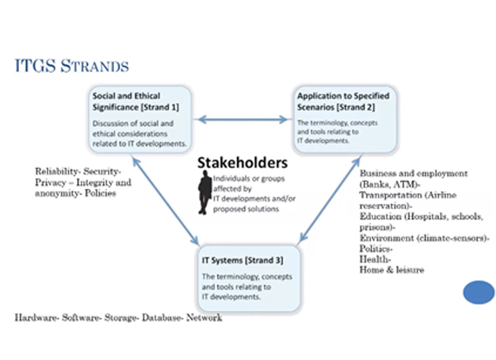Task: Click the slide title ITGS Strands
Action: [x=72, y=66]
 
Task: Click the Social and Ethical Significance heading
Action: [x=135, y=101]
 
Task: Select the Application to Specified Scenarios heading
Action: [x=343, y=101]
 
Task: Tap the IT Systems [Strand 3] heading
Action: [x=242, y=260]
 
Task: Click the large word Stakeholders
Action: [x=242, y=163]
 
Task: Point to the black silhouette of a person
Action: [x=204, y=192]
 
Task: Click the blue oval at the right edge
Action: [x=479, y=293]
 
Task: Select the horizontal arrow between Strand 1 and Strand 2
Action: [x=242, y=120]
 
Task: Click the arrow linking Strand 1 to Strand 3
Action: [x=166, y=201]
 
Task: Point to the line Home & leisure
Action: [x=391, y=270]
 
